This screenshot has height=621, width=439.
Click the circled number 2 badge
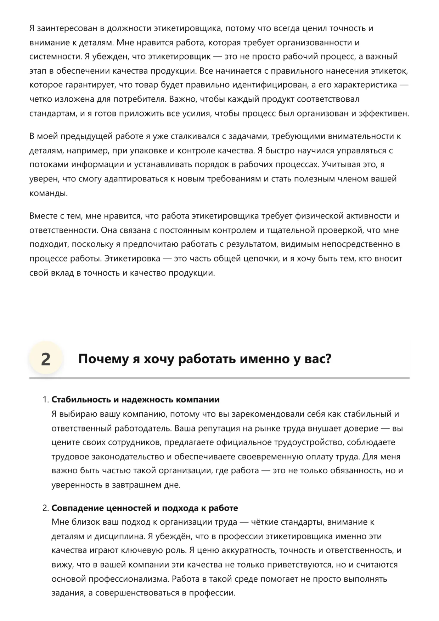tap(46, 359)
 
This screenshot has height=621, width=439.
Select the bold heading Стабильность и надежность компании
tap(135, 400)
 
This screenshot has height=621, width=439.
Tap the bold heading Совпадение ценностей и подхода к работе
tap(145, 508)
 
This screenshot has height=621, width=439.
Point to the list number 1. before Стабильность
tap(46, 400)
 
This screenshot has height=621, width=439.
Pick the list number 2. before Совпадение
tap(46, 508)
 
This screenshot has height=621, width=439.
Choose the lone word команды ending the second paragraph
tap(48, 193)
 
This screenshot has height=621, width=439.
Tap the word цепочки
tap(261, 259)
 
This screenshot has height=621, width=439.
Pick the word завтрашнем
tap(135, 485)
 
